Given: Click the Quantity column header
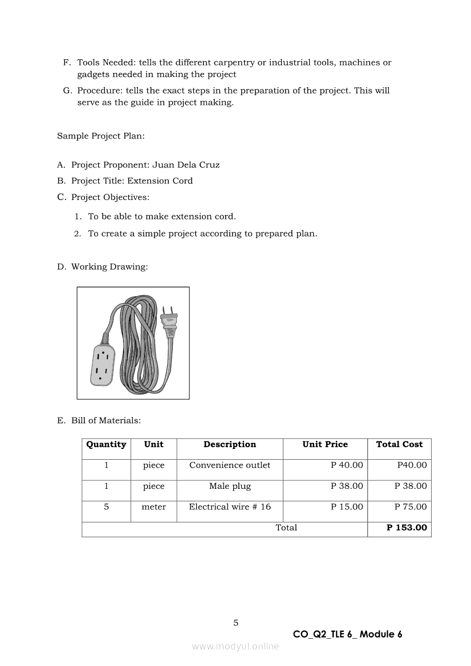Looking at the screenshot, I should [x=106, y=444].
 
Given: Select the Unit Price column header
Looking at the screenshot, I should [x=324, y=444].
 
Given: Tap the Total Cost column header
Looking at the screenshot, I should [x=399, y=444].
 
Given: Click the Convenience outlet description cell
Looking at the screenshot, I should [x=230, y=465].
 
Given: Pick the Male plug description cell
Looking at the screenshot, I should [x=230, y=486].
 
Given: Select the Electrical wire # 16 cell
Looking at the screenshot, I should [x=230, y=506].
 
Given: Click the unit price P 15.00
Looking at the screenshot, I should [x=347, y=506].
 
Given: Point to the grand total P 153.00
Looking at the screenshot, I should [x=407, y=528].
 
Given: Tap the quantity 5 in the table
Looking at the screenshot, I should [x=106, y=506].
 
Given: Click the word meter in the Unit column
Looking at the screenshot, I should [x=153, y=506].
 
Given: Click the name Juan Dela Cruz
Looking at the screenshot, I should [x=186, y=165].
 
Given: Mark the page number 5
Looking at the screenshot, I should [x=235, y=623].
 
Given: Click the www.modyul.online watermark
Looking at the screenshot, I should [x=235, y=646].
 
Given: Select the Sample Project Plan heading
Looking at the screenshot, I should [x=97, y=136].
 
